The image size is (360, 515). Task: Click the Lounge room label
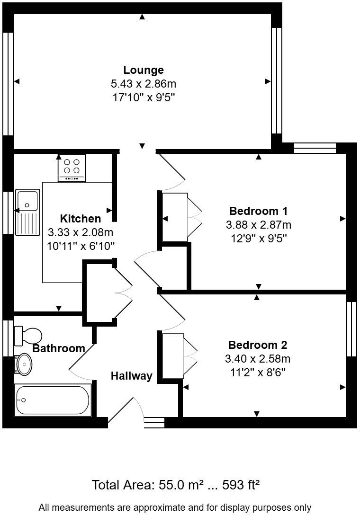[144, 70]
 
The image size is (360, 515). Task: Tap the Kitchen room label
[81, 219]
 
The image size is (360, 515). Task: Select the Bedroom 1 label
[258, 211]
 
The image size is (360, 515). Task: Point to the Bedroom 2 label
[258, 345]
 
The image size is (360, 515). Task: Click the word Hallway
[132, 376]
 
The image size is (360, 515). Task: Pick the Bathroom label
[59, 349]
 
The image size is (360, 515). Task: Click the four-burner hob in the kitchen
[72, 168]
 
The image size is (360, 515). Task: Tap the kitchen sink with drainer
[27, 212]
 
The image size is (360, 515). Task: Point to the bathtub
[52, 400]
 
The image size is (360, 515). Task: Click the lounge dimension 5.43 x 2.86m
[144, 84]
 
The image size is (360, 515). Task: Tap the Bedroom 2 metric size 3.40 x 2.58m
[258, 358]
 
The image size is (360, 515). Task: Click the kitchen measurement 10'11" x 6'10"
[81, 246]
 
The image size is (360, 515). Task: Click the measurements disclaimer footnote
[175, 507]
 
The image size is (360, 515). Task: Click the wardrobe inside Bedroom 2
[173, 356]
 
